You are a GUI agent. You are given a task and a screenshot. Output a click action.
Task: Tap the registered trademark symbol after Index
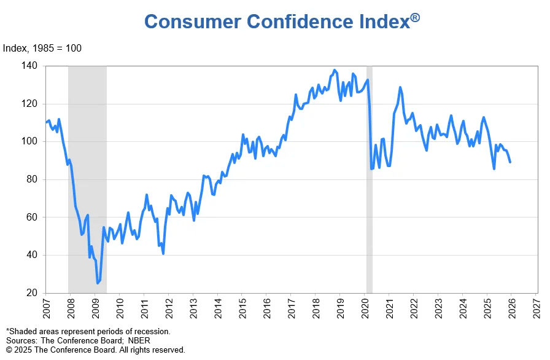tap(415, 18)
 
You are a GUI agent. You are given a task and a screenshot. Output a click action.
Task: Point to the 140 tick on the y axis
tap(29, 66)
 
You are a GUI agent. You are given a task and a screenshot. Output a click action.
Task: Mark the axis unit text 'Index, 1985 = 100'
tap(42, 49)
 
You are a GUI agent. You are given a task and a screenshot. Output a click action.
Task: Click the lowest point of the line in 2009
tap(97, 283)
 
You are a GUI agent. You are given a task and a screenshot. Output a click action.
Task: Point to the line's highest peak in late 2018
tap(334, 70)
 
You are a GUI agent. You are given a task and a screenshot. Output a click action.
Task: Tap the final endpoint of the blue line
tap(511, 162)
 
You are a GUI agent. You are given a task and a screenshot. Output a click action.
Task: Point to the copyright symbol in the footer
tap(9, 350)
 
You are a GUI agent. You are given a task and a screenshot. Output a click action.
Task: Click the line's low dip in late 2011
tap(163, 253)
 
